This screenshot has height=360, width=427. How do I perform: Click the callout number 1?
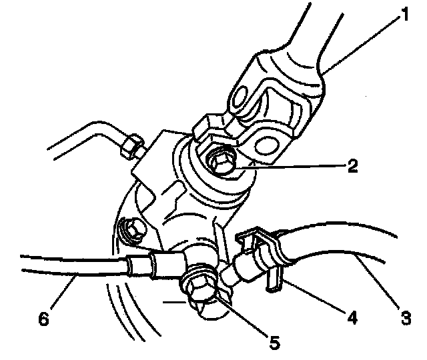(402, 14)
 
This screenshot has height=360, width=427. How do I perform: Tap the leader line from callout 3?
(377, 280)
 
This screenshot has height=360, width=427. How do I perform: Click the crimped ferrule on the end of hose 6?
(141, 265)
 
